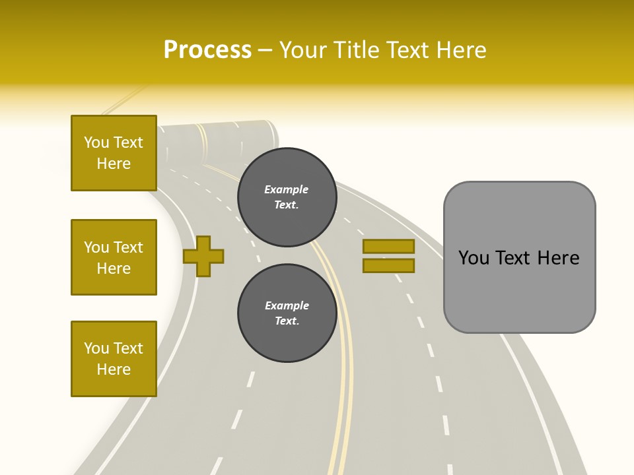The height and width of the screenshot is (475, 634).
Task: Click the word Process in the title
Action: [x=207, y=50]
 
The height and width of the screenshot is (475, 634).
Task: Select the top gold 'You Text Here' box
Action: [x=114, y=153]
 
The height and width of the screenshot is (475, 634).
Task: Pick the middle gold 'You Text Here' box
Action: [x=114, y=257]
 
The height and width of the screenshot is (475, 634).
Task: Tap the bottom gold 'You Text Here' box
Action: [x=114, y=359]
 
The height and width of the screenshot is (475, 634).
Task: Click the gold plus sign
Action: [x=203, y=256]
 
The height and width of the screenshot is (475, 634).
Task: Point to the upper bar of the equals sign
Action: [x=388, y=246]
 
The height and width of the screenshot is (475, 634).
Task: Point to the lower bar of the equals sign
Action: [x=388, y=265]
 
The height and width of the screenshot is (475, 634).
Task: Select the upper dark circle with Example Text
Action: [x=287, y=197]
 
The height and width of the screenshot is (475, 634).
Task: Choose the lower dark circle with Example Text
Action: [x=287, y=313]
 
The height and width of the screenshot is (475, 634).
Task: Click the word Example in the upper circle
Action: [x=287, y=189]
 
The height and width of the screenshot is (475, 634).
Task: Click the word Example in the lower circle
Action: [x=287, y=305]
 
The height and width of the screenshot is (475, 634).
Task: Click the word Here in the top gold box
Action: [x=114, y=164]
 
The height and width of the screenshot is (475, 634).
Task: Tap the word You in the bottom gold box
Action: [x=96, y=348]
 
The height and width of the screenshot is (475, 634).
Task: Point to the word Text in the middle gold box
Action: [x=129, y=247]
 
